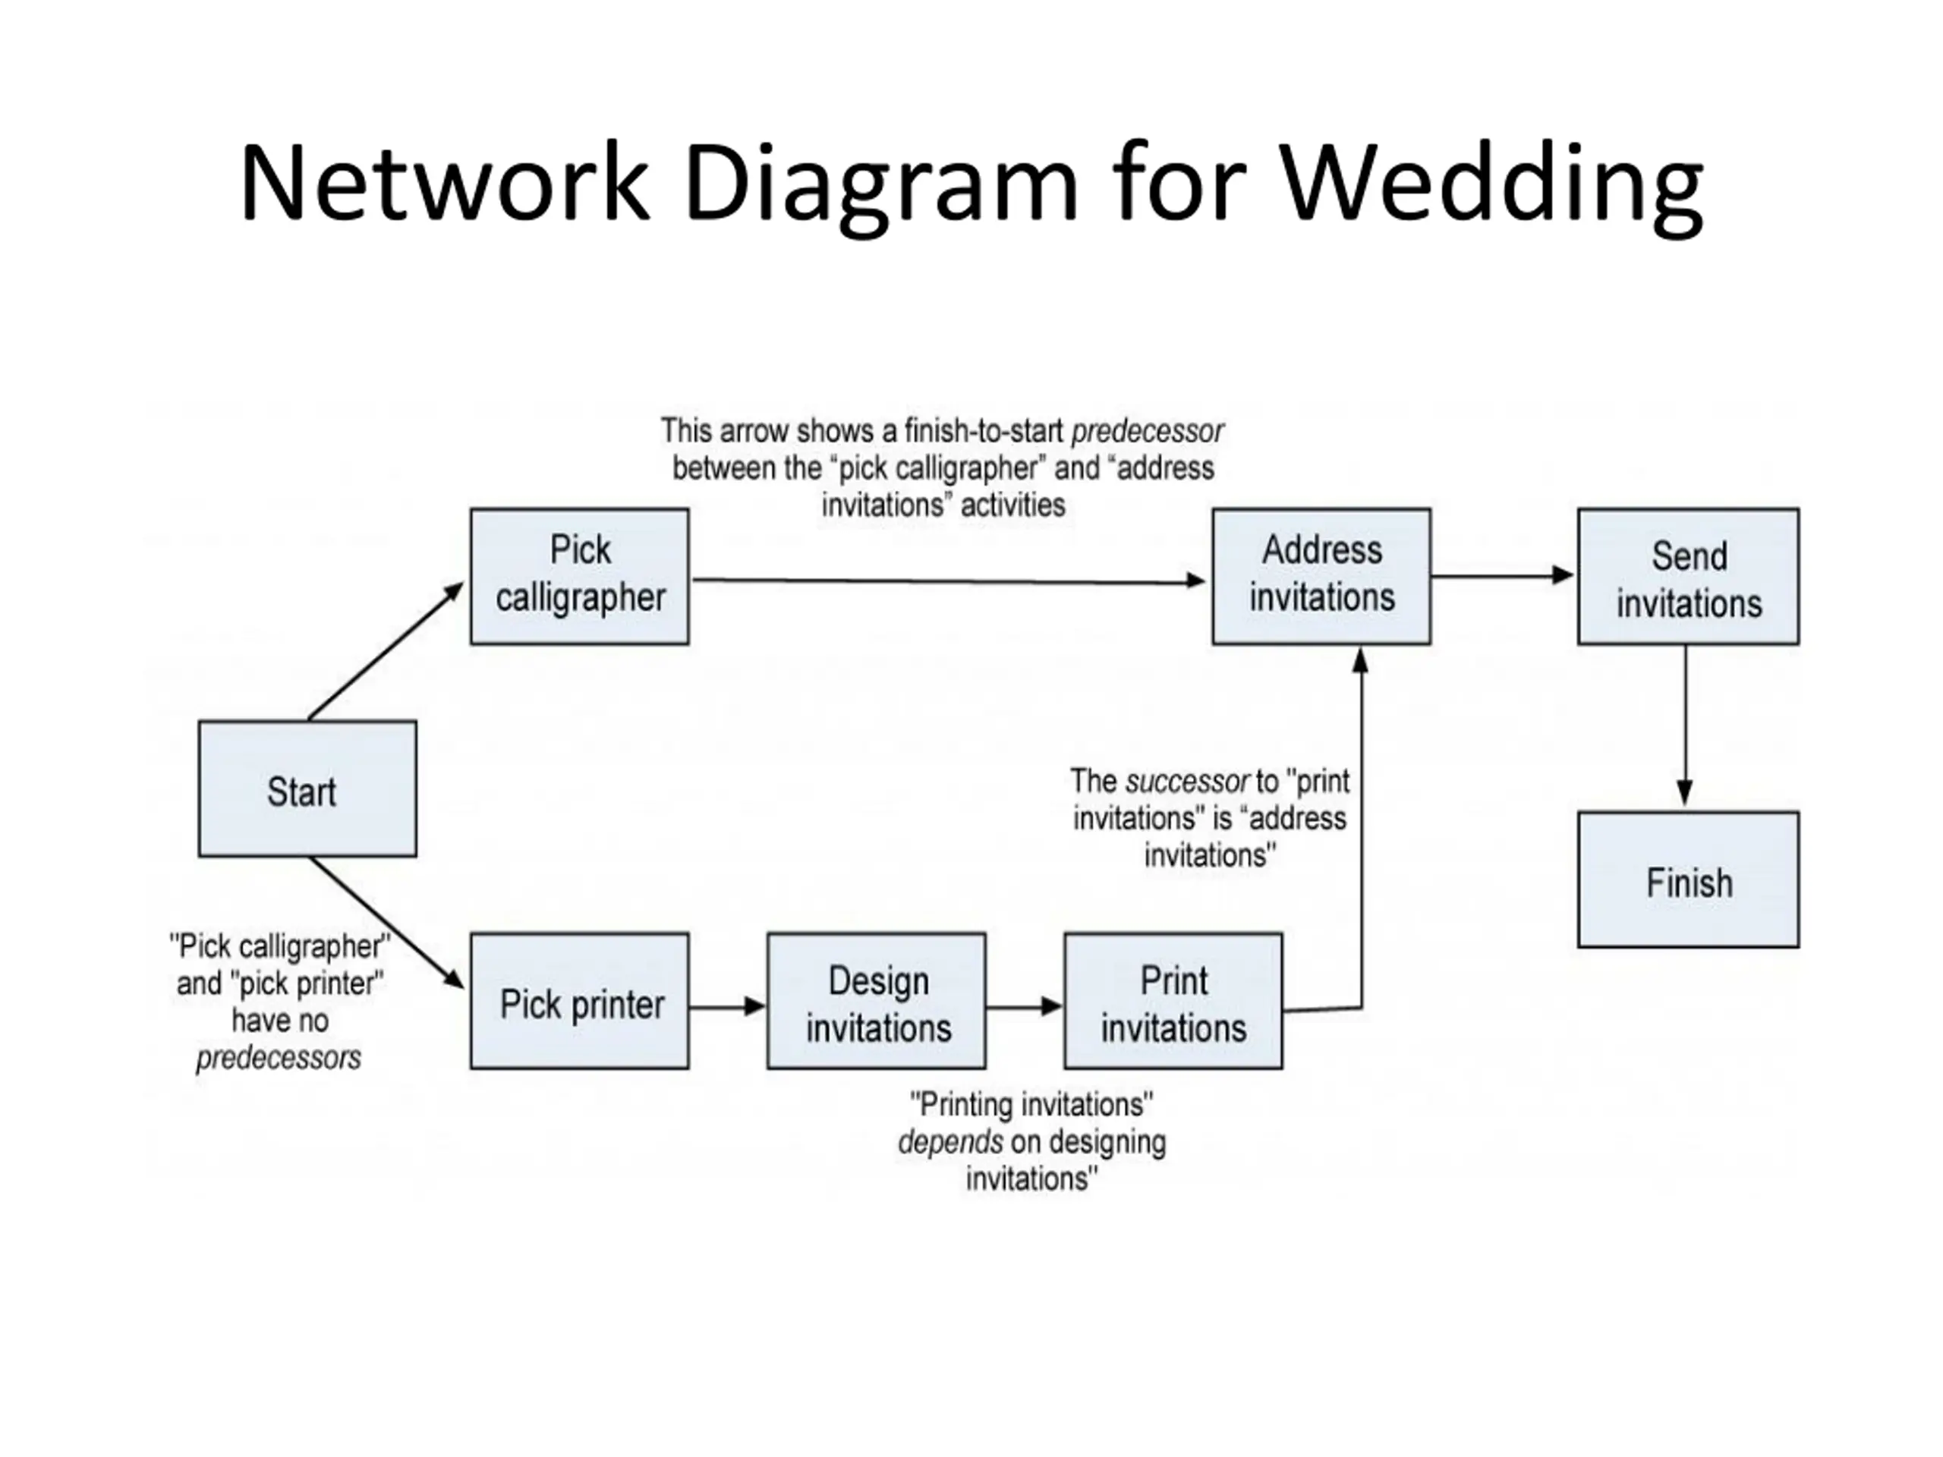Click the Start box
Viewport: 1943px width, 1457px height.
pyautogui.click(x=307, y=788)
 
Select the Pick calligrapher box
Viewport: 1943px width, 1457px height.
pyautogui.click(x=580, y=576)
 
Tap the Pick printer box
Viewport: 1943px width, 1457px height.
pyautogui.click(x=580, y=1001)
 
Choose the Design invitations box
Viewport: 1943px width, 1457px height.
pyautogui.click(x=877, y=1001)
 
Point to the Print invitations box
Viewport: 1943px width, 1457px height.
pyautogui.click(x=1173, y=1001)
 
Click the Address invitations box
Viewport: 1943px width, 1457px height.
pyautogui.click(x=1322, y=576)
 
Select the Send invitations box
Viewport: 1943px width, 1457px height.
pyautogui.click(x=1688, y=576)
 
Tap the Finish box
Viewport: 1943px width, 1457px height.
pyautogui.click(x=1688, y=880)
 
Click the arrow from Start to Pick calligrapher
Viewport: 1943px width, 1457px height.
pyautogui.click(x=385, y=652)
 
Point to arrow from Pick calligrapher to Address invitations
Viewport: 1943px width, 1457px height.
pyautogui.click(x=949, y=581)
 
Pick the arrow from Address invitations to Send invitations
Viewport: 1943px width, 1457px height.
pyautogui.click(x=1502, y=576)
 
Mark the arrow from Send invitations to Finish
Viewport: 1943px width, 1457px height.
pyautogui.click(x=1685, y=725)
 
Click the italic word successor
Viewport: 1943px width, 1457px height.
pyautogui.click(x=1187, y=781)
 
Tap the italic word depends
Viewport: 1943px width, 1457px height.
pyautogui.click(x=949, y=1143)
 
